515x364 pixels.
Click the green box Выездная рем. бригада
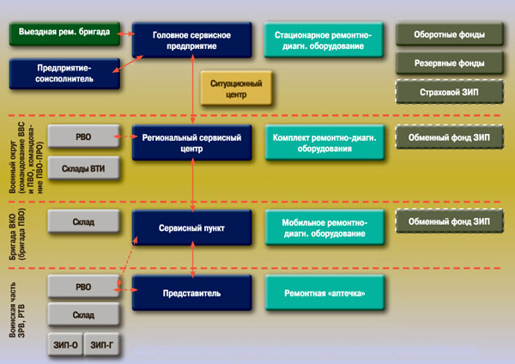click(64, 34)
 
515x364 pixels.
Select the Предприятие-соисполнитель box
click(64, 73)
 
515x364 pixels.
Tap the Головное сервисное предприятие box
click(192, 40)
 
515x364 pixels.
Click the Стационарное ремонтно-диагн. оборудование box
click(322, 40)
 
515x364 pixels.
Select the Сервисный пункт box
click(192, 227)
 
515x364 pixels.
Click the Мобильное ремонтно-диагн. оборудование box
click(322, 227)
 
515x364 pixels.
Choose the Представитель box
click(192, 293)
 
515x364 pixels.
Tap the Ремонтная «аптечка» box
click(322, 293)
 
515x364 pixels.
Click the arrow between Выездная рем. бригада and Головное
click(126, 34)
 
